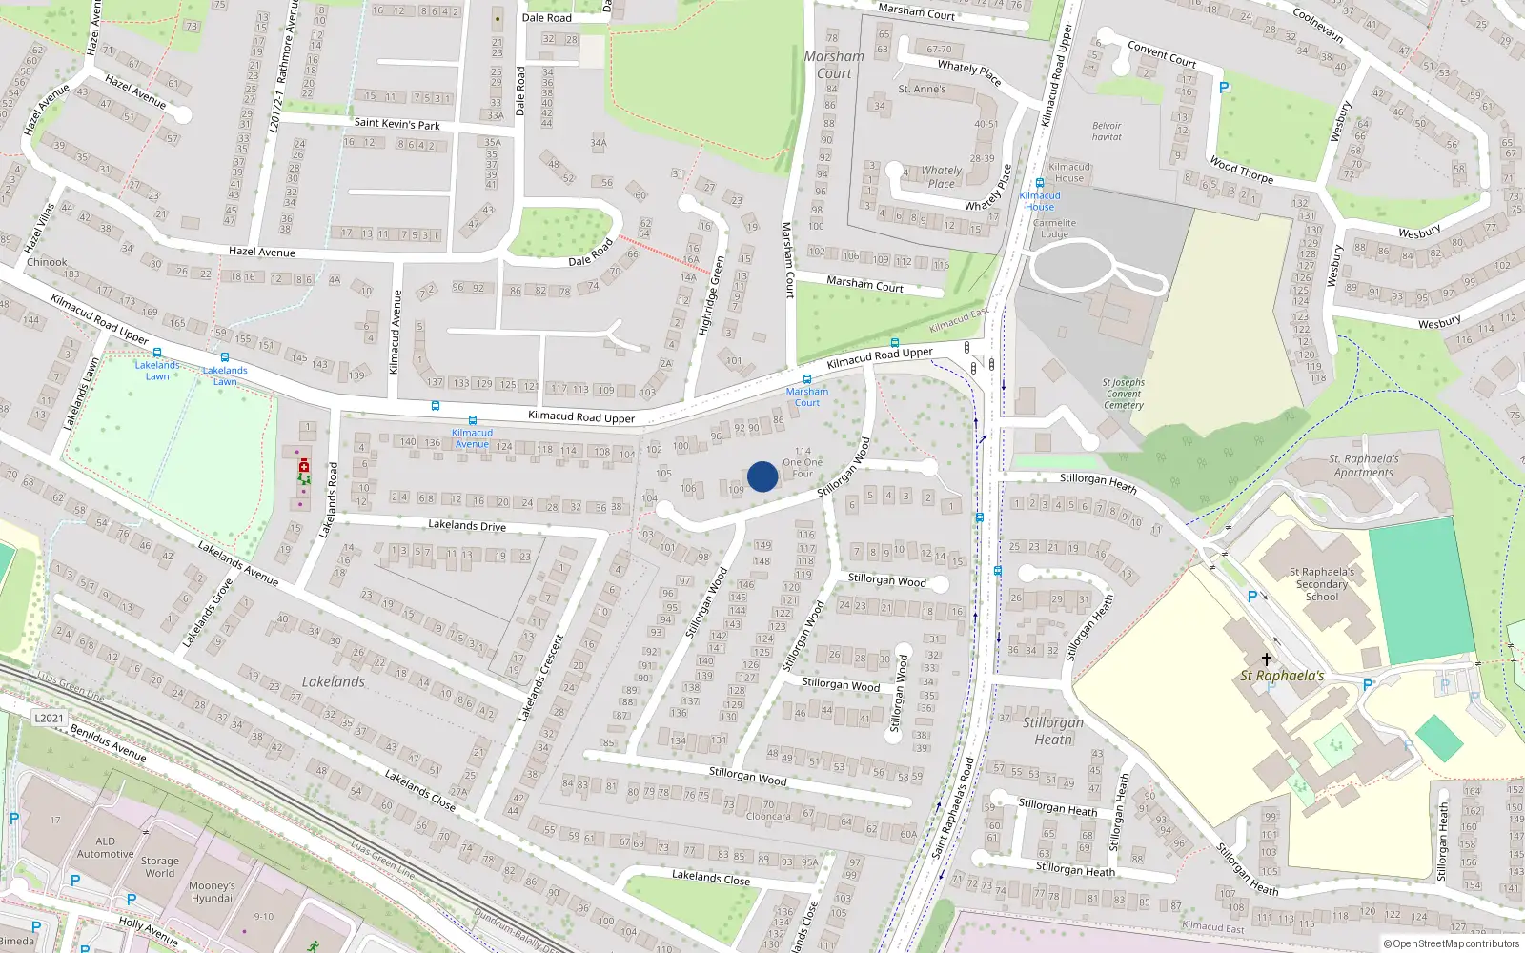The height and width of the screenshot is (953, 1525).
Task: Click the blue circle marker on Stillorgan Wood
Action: tap(762, 476)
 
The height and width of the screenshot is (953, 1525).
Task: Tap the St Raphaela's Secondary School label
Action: tap(1322, 584)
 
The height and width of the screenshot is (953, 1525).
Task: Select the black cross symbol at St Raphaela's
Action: tap(1267, 659)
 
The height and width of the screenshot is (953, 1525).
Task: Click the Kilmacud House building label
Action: tap(1069, 172)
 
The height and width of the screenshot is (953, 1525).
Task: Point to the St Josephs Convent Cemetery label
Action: tap(1124, 394)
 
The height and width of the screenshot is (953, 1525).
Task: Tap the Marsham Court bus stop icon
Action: tap(807, 379)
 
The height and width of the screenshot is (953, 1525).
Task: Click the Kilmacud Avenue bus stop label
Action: tap(472, 438)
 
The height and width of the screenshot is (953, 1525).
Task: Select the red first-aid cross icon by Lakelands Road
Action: tap(304, 466)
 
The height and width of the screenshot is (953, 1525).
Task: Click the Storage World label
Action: tap(159, 866)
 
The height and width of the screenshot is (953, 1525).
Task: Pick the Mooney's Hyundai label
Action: tap(212, 891)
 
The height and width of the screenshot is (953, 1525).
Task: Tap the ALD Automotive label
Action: tap(105, 847)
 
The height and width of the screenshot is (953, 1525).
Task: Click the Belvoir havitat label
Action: tap(1107, 132)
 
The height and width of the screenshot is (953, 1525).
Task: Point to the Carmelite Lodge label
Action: tap(1054, 229)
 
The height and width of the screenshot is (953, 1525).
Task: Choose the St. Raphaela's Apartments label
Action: tap(1364, 465)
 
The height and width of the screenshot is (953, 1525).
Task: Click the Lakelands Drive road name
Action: tap(467, 525)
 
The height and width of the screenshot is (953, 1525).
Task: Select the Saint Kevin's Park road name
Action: tap(396, 123)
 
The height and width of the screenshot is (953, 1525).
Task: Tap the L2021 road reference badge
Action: tap(49, 719)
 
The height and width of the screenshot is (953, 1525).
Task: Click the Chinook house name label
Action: tap(47, 262)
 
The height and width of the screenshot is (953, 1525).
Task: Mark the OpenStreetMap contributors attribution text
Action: tap(1452, 944)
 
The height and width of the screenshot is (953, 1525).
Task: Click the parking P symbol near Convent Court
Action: tap(1225, 88)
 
